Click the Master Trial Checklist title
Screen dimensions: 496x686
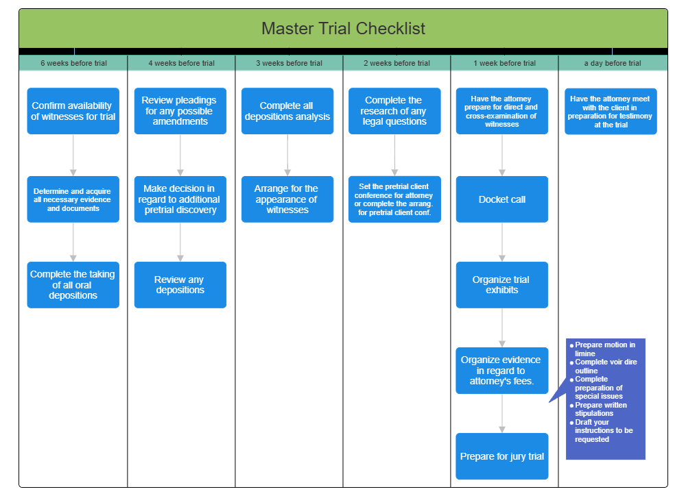343,29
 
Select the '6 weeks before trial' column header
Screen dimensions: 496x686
73,63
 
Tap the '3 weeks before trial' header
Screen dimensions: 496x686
289,63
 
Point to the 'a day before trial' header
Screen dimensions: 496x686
613,63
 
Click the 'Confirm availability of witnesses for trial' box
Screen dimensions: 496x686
73,111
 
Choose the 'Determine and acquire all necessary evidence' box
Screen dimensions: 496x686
73,199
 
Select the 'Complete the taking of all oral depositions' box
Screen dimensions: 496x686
73,285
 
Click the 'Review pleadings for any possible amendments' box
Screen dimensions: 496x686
180,111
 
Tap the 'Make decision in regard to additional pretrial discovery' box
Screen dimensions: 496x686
180,199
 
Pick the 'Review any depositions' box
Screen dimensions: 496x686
180,285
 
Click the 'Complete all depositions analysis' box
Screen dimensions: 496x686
287,111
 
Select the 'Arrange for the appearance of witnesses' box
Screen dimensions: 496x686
287,199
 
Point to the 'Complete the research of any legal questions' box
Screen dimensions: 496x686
394,111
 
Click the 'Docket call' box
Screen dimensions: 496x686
502,199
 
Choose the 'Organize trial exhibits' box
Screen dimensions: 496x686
502,285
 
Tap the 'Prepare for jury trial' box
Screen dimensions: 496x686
502,456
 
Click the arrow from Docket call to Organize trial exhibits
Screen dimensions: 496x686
502,242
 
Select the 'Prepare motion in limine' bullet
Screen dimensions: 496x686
604,349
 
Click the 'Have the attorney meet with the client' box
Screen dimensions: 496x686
611,111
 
